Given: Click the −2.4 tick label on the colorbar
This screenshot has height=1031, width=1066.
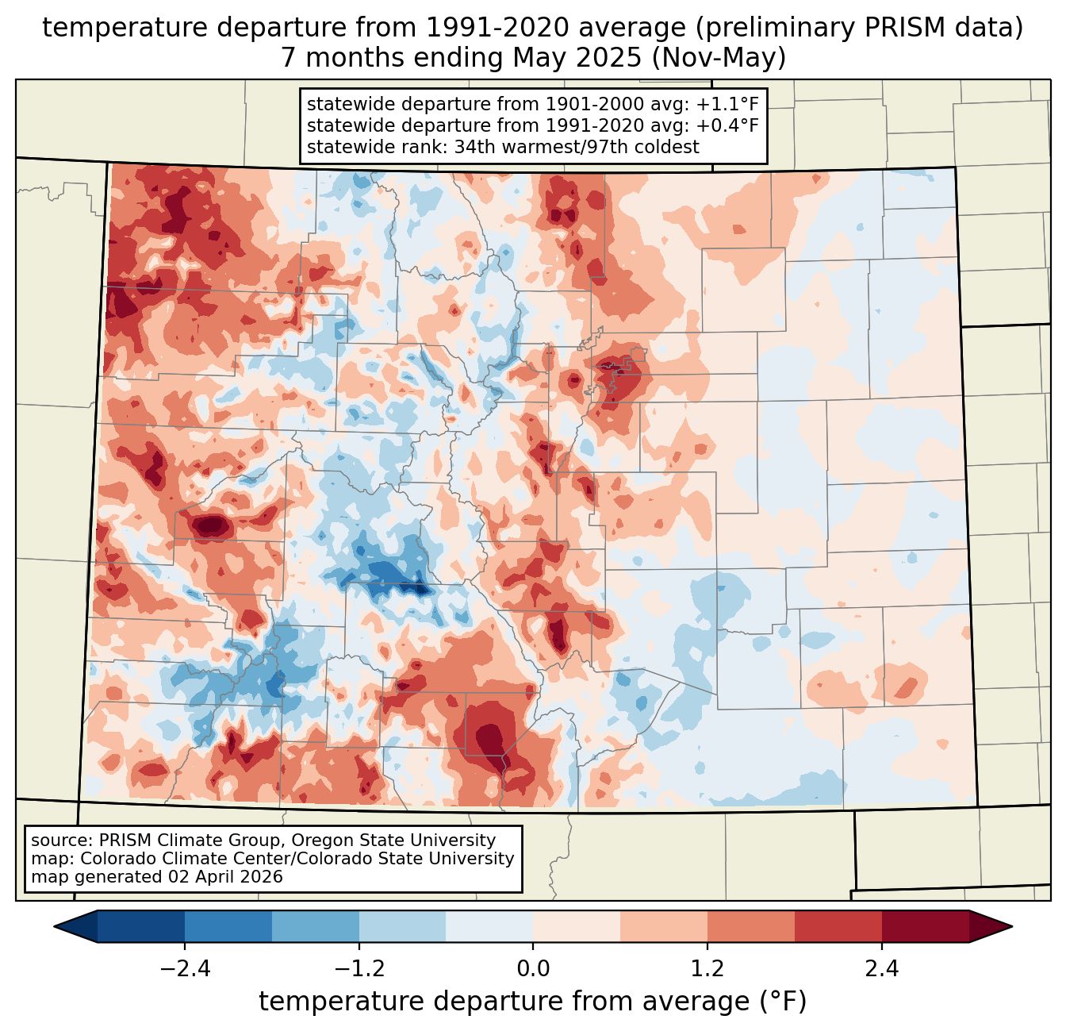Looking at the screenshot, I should coord(185,969).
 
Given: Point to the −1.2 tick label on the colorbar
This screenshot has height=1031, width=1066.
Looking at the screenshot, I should coord(359,969).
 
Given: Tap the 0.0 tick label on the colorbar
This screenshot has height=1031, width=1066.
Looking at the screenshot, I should coord(533,969).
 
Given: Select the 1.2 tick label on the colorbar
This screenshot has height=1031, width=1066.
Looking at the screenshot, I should coord(707,969).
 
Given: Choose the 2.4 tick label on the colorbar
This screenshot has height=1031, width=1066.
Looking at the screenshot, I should coord(882,969).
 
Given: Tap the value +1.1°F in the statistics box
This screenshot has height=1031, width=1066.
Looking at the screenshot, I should coord(727,105).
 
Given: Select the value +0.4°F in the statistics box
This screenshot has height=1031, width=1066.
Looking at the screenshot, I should coord(727,125).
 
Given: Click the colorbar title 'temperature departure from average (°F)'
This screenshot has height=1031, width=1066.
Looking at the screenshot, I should coord(533,1002).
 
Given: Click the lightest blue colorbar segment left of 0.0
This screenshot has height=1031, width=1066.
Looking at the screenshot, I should coord(489,926).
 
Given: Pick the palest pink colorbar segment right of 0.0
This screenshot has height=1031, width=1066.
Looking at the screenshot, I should coord(577,926).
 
